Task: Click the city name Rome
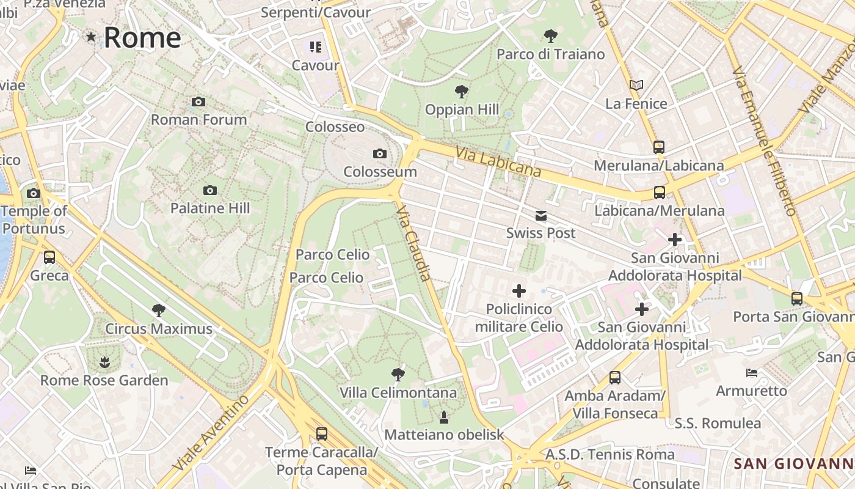click(142, 37)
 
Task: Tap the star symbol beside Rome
click(91, 37)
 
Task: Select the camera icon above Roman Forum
click(198, 102)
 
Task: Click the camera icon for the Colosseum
click(380, 154)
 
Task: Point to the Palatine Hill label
click(210, 208)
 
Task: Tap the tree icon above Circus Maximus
click(159, 311)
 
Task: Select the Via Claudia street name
click(414, 243)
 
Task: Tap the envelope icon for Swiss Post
click(541, 216)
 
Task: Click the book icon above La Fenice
click(636, 86)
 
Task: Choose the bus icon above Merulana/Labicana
click(658, 147)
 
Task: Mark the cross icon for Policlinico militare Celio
click(519, 291)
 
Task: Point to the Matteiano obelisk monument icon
click(444, 417)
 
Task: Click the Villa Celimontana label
click(398, 392)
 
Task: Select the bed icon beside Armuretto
click(752, 373)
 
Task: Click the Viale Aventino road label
click(211, 433)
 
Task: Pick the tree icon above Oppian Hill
click(462, 92)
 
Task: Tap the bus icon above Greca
click(49, 257)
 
